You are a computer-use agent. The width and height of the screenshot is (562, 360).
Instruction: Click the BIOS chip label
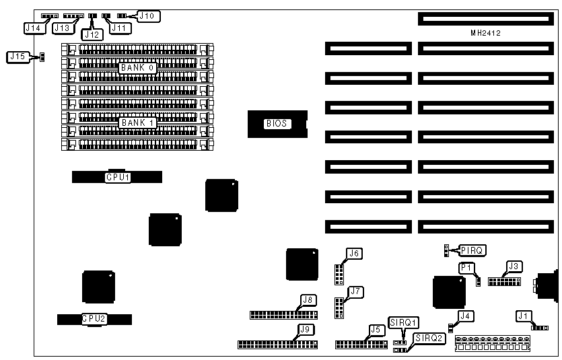[x=277, y=123]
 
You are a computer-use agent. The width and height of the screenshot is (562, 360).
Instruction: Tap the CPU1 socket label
[x=117, y=178]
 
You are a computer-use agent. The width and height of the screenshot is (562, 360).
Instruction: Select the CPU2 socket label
[x=94, y=318]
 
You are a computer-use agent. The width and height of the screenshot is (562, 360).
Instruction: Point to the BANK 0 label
[x=137, y=68]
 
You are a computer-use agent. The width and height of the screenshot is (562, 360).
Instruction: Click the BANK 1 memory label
[x=137, y=123]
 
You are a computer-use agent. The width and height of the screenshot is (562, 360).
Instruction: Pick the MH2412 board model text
[x=485, y=32]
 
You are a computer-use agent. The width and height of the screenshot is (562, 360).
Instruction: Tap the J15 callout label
[x=17, y=57]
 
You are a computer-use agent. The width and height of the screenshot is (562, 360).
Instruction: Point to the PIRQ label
[x=470, y=250]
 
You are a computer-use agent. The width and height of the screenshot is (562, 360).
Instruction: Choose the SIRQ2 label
[x=429, y=338]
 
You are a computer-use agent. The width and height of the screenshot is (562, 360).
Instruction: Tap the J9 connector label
[x=306, y=330]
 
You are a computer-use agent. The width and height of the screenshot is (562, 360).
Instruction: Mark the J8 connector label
[x=308, y=300]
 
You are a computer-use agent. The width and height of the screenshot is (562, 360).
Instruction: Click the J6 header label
[x=354, y=254]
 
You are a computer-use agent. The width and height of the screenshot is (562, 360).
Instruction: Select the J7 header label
[x=356, y=291]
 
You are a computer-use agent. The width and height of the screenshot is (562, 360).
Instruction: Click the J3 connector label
[x=514, y=266]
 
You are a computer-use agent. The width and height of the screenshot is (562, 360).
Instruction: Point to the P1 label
[x=467, y=268]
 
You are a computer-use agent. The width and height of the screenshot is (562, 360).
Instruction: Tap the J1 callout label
[x=523, y=315]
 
